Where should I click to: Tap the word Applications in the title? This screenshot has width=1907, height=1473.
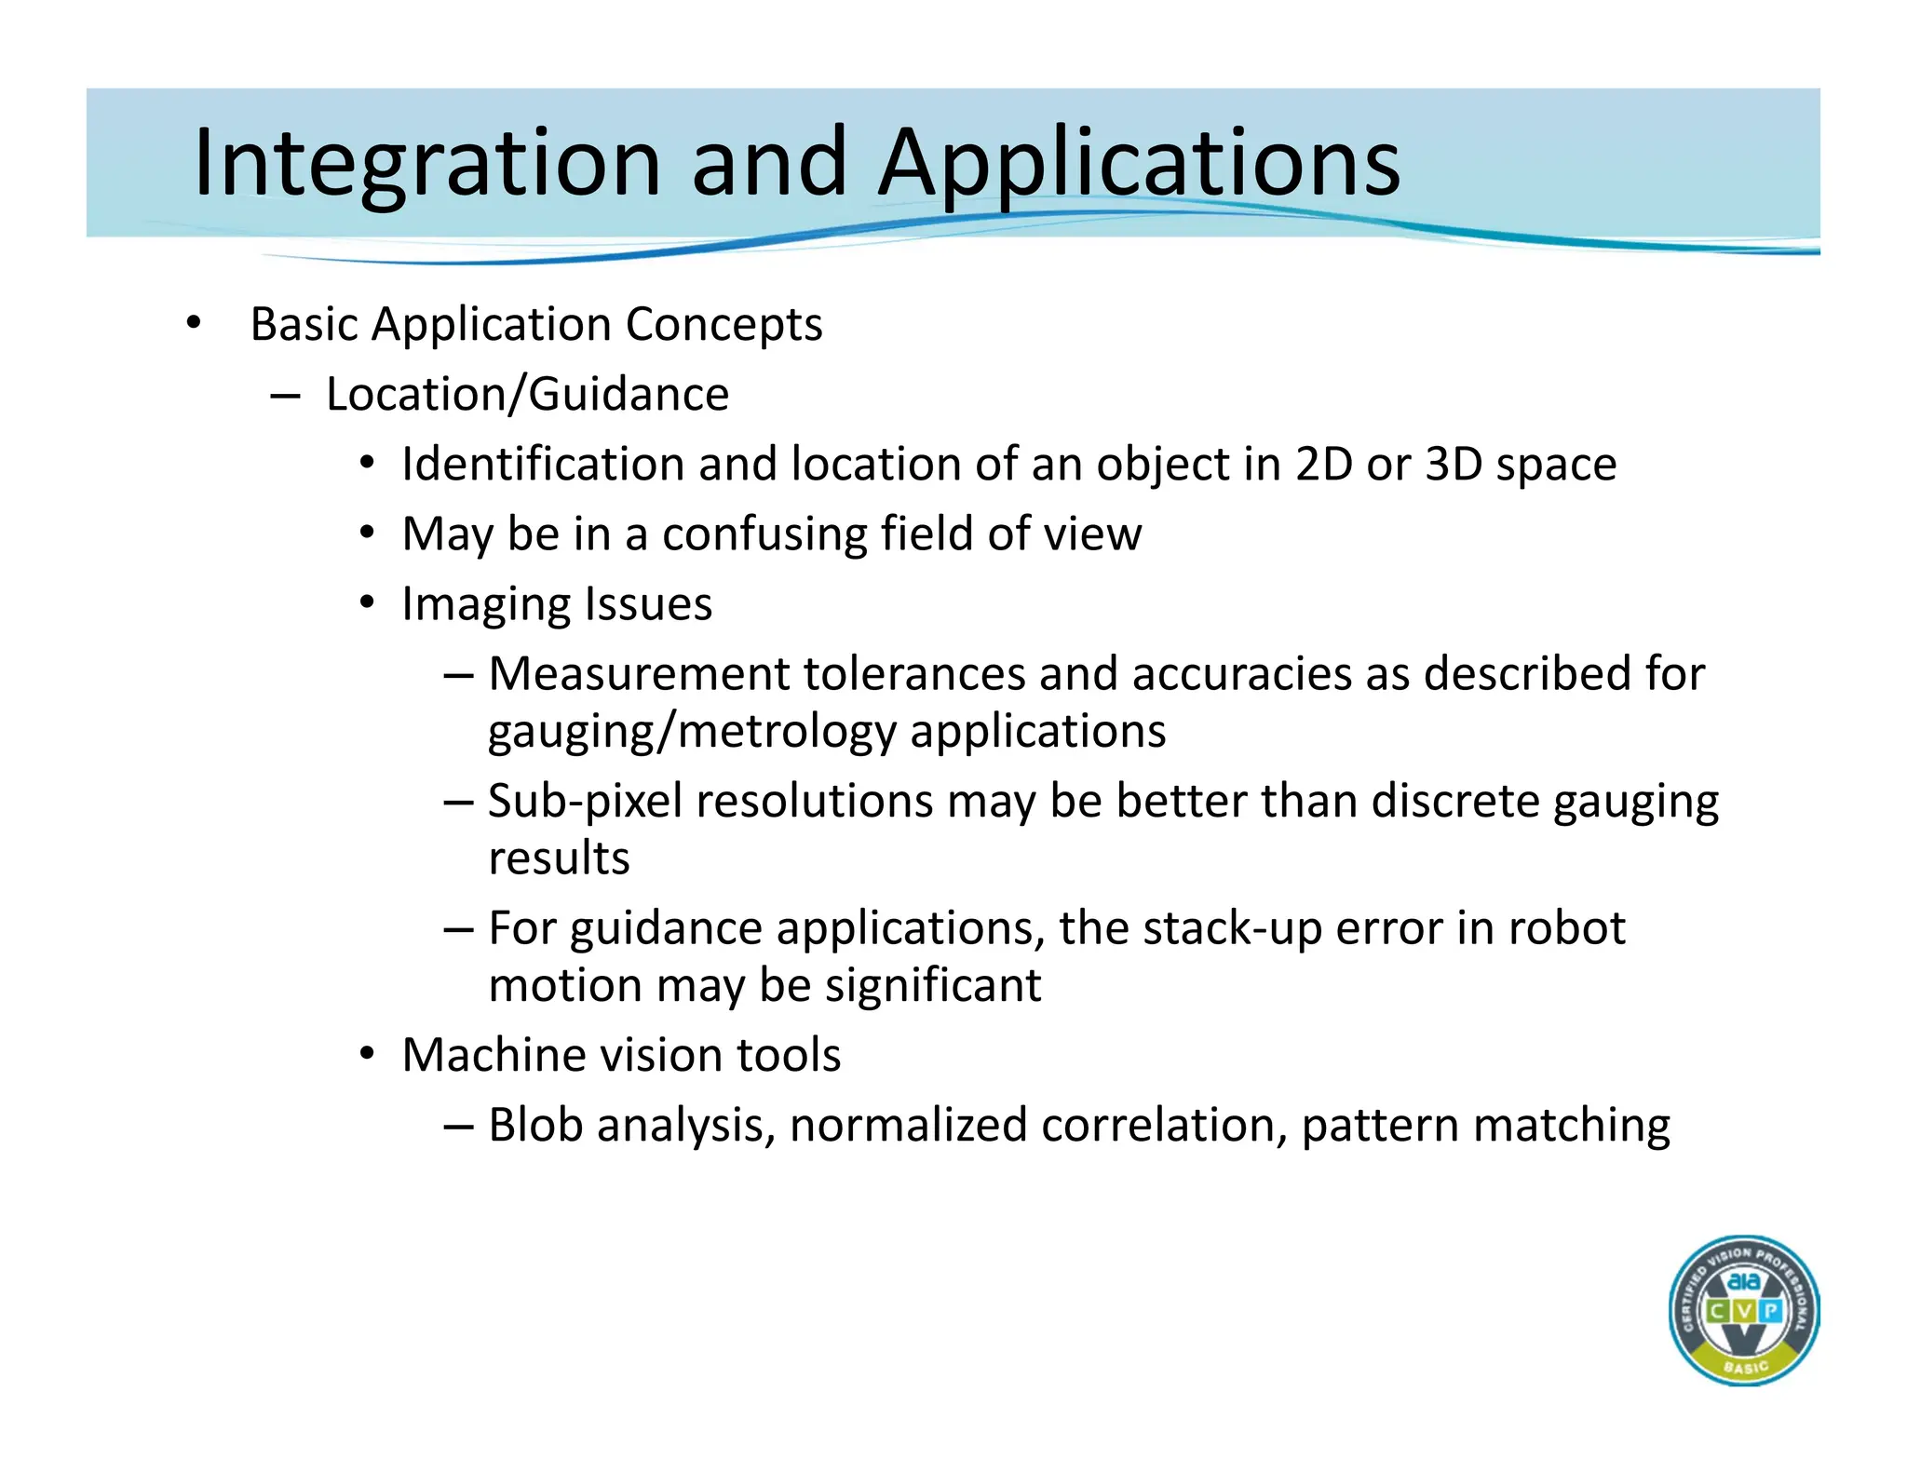[x=1139, y=164]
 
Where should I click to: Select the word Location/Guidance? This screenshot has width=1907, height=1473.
[x=527, y=395]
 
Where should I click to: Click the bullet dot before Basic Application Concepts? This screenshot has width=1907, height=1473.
[x=193, y=323]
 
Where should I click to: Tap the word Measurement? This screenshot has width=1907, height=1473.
[x=638, y=674]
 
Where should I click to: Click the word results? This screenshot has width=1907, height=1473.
[x=559, y=858]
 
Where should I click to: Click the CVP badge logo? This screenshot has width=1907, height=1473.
[x=1743, y=1310]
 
